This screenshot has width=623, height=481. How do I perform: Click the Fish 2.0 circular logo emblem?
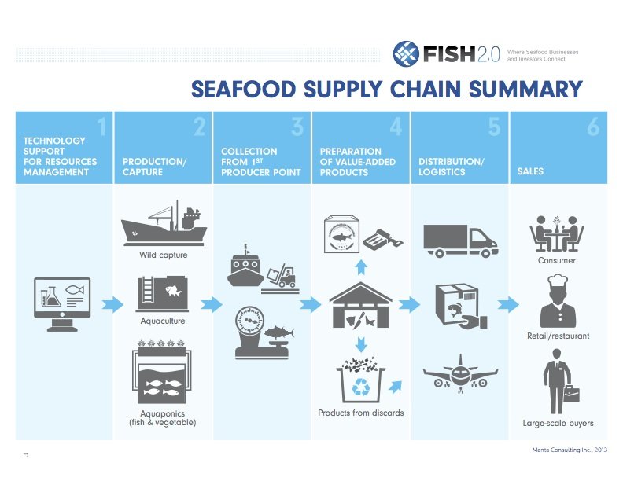(x=406, y=53)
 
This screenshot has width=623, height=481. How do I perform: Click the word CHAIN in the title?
(x=426, y=89)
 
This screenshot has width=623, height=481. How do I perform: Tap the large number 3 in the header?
(x=297, y=127)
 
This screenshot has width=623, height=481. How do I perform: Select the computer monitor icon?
(x=62, y=304)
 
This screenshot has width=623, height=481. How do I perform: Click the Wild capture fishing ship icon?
(x=164, y=223)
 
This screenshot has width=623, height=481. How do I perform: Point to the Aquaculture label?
(x=163, y=321)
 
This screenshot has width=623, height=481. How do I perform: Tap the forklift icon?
(x=281, y=278)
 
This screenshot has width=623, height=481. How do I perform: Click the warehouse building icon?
(x=361, y=305)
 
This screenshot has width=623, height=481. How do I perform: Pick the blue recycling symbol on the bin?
(x=361, y=387)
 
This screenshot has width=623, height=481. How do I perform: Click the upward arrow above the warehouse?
(x=361, y=267)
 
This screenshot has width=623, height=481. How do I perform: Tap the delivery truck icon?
(x=461, y=241)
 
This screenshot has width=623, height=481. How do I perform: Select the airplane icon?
(x=460, y=374)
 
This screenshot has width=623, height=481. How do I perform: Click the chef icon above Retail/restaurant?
(x=558, y=301)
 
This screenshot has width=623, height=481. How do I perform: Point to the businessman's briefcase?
(x=571, y=394)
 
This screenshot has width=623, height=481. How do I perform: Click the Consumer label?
(x=557, y=260)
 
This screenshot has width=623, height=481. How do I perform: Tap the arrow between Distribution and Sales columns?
(x=508, y=304)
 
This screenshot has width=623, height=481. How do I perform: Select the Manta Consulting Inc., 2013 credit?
(x=570, y=450)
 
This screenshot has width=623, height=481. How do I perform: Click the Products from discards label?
(x=361, y=413)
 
